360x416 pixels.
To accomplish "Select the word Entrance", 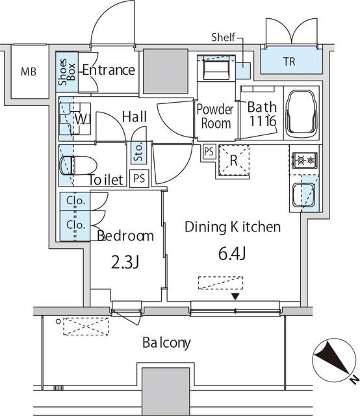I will coord(109,70).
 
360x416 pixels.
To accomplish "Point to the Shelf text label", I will coord(224,38).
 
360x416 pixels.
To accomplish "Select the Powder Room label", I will coord(215,116).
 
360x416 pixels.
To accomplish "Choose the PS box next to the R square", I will coord(209,151).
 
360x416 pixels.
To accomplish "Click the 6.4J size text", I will coord(233,253).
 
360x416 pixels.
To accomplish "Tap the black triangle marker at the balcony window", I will coord(235,297).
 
